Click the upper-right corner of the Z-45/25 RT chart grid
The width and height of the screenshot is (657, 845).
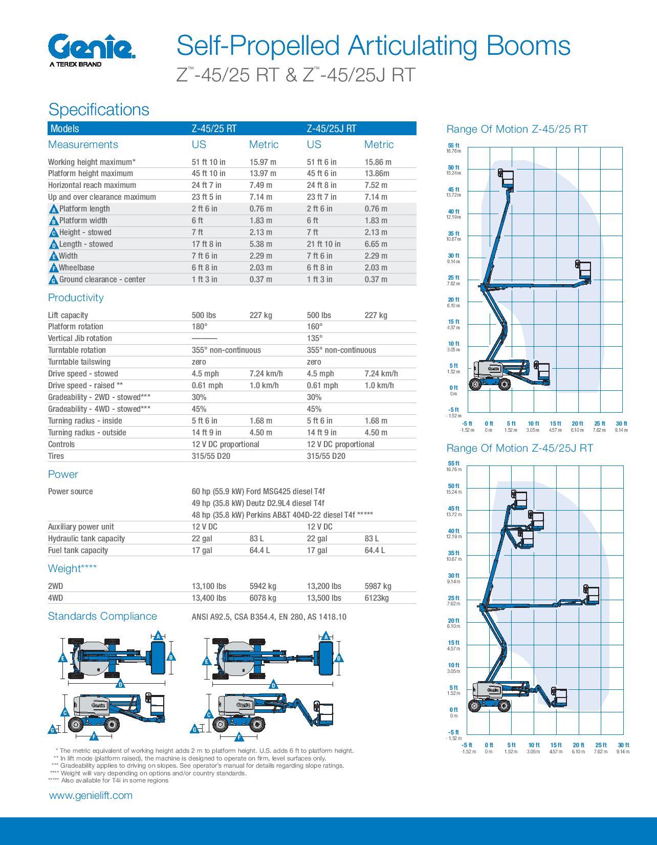pos(622,147)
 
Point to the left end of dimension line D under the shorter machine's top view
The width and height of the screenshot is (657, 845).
pos(69,683)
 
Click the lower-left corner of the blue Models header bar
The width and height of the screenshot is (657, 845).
pos(48,135)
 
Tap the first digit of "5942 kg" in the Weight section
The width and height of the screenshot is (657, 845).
pos(251,586)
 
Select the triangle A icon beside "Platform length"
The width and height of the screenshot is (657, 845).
pos(54,209)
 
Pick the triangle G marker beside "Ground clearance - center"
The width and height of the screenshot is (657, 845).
pos(53,280)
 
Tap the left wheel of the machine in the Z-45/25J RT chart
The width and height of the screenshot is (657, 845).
pos(474,705)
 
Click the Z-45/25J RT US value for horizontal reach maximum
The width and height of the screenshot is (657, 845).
pos(322,185)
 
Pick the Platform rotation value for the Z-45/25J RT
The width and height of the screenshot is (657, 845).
pos(315,327)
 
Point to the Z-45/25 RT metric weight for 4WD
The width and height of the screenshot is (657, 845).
pos(262,598)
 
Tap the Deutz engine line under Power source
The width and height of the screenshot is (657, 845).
pos(258,503)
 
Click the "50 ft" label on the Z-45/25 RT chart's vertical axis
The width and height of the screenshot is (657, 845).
pos(453,167)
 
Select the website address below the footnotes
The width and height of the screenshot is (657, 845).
pos(91,796)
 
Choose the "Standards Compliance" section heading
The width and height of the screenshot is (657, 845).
pos(102,617)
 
